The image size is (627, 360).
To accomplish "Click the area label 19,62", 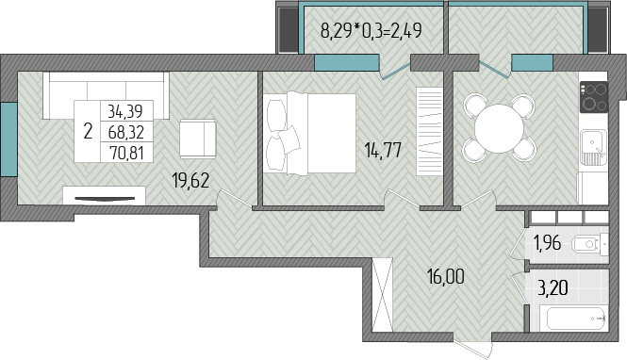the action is [x=190, y=181].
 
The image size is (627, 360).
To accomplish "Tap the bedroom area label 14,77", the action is [x=383, y=151].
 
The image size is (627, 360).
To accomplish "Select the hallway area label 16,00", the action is [x=446, y=276].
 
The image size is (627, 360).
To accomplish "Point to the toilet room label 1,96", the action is [x=547, y=242].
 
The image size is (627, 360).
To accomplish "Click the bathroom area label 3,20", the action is [x=553, y=287].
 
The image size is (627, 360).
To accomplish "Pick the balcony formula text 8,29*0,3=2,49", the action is [x=371, y=30].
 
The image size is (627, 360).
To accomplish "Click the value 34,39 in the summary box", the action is [x=125, y=111].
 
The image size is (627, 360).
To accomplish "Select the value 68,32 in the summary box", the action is [x=126, y=132].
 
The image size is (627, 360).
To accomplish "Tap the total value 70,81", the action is [x=126, y=153].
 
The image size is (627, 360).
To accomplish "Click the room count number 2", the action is [x=88, y=131].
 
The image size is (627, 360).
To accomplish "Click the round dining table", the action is [x=499, y=128].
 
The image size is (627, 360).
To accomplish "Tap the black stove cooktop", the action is [x=594, y=97].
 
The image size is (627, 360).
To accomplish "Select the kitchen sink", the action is [x=594, y=147].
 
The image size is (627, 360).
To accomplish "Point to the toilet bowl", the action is [x=588, y=244].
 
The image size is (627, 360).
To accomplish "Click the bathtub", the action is [x=573, y=319].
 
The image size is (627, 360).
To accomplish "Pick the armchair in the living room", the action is [x=198, y=139].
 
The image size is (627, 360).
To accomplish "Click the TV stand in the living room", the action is [x=104, y=196].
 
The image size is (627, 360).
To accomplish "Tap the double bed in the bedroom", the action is [x=311, y=133].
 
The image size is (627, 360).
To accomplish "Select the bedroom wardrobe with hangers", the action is [x=429, y=131].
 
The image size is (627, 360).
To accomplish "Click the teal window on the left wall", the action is [x=8, y=139].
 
